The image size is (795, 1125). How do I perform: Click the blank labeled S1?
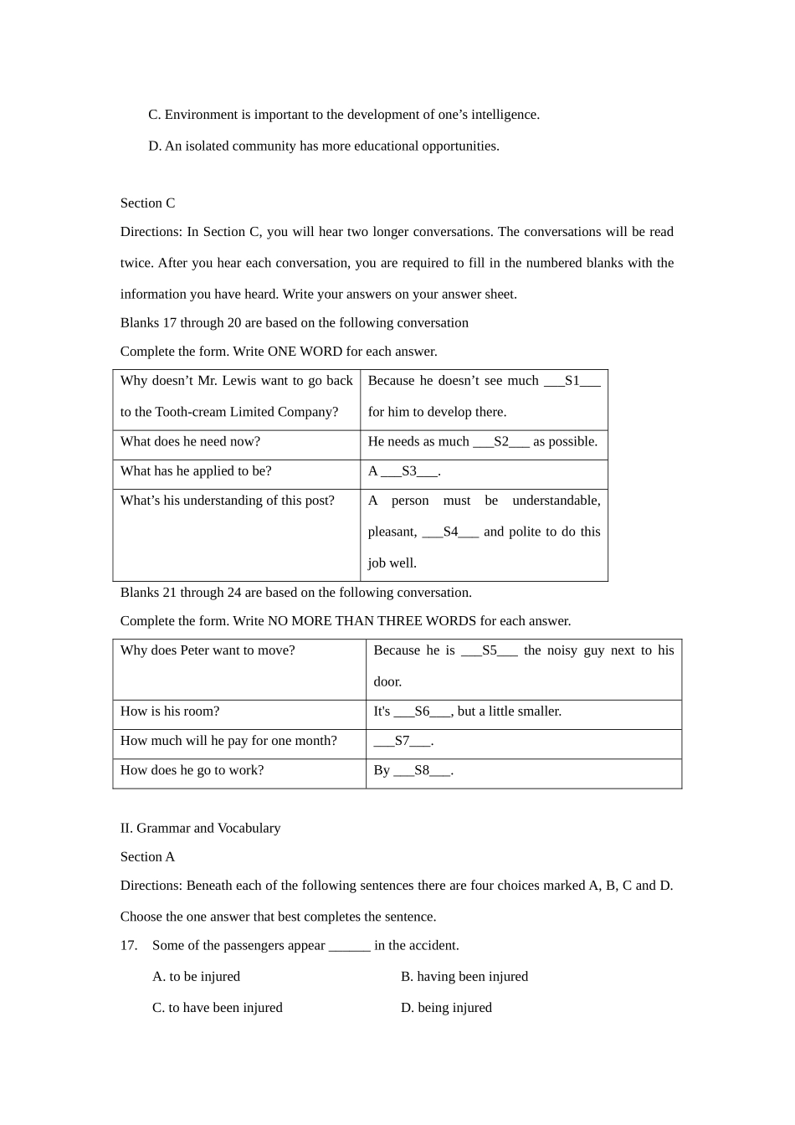click(x=572, y=381)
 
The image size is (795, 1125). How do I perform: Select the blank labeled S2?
click(x=500, y=442)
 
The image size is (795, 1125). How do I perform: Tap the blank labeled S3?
click(x=409, y=471)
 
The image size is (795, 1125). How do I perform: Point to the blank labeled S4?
click(x=450, y=532)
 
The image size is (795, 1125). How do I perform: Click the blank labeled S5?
click(x=489, y=650)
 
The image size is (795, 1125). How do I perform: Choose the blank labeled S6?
click(x=422, y=711)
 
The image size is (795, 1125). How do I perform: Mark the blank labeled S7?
click(x=403, y=741)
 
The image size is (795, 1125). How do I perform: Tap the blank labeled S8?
click(x=422, y=770)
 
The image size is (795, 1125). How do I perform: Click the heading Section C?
click(x=147, y=203)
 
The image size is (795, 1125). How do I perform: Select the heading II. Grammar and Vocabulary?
click(x=200, y=828)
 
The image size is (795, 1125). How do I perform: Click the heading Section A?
click(x=147, y=856)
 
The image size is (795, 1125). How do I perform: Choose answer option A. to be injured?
click(x=196, y=977)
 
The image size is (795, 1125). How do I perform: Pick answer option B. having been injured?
click(x=464, y=977)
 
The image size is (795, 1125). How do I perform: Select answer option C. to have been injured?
click(x=217, y=1008)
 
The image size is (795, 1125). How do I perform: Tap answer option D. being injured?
click(x=446, y=1008)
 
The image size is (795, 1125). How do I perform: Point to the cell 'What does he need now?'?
click(x=190, y=442)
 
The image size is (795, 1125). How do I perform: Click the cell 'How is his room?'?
click(x=170, y=711)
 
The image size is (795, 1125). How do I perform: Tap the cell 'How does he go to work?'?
click(x=192, y=770)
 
